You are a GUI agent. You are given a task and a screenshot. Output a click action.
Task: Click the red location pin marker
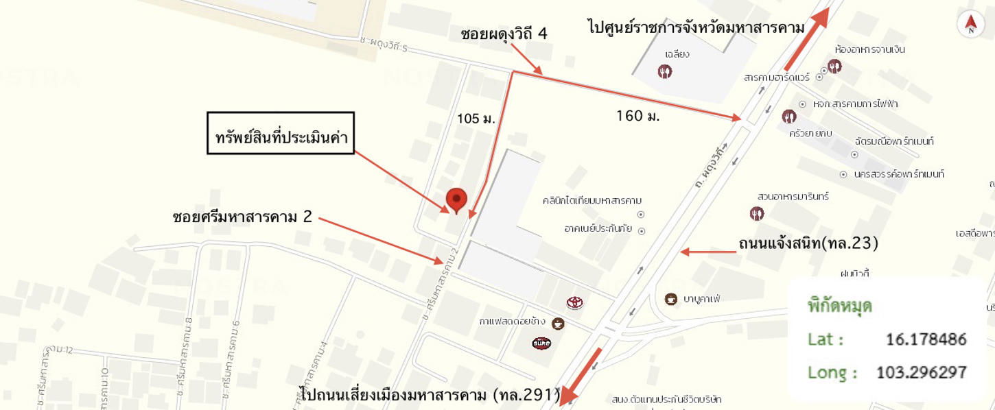point(456,200)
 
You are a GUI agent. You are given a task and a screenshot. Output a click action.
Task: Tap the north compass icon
point(970,25)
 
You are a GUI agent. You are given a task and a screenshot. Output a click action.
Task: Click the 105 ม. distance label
point(476,119)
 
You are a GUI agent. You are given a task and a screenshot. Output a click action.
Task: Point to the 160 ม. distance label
point(637,116)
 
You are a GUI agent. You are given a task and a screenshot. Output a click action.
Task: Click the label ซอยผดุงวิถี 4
point(504,34)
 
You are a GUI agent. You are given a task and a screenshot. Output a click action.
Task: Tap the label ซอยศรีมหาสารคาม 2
point(242,217)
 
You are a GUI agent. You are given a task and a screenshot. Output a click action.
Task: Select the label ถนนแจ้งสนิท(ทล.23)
point(808,243)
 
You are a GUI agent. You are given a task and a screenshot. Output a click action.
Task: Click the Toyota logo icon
point(574,302)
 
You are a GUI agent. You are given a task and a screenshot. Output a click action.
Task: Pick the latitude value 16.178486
point(925,339)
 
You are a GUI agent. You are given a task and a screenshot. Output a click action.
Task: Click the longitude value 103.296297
point(922,372)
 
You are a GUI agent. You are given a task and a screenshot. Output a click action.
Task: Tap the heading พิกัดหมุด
point(839,306)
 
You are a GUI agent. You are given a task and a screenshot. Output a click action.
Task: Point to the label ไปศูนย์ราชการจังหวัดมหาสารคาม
point(686,28)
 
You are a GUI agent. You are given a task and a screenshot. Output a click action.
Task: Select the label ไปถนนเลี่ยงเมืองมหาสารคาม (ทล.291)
point(430,394)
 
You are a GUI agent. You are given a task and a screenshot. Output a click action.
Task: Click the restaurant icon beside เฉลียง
point(664,71)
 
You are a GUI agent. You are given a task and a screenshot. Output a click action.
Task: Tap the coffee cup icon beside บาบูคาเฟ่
point(671,299)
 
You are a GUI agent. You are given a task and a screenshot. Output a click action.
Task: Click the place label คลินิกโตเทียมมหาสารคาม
point(592,200)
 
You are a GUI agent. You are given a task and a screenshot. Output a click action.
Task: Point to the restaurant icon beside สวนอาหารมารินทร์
point(757,213)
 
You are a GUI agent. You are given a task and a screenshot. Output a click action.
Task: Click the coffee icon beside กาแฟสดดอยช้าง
point(558,324)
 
